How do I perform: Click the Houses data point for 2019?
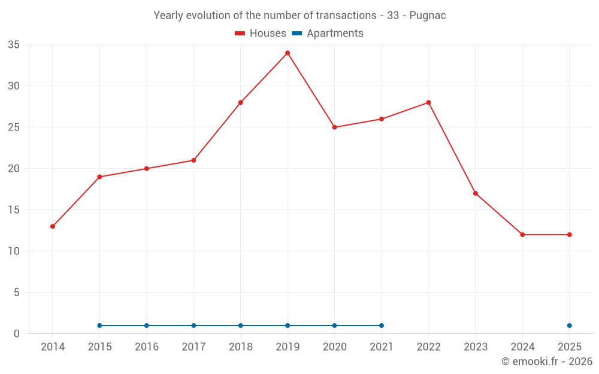point(288,53)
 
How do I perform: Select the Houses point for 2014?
point(53,226)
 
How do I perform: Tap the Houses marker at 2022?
point(428,102)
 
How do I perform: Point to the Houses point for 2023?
point(476,193)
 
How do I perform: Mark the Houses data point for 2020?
point(334,127)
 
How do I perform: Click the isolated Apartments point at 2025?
point(569,326)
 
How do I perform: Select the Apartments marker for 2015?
point(99,326)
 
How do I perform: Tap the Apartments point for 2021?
point(382,326)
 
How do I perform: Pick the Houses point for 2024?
point(522,235)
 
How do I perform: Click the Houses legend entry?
point(261,34)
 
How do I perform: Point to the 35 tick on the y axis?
point(14,45)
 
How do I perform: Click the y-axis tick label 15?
point(14,210)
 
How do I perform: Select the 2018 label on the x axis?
point(240,347)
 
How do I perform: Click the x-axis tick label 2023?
point(476,347)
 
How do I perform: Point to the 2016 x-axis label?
point(147,347)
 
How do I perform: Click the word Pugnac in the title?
point(428,16)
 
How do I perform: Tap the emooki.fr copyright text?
point(546,361)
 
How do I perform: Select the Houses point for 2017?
point(193,160)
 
